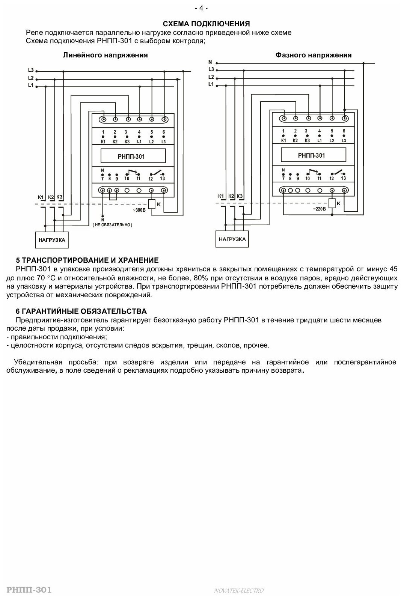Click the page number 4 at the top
click(x=202, y=8)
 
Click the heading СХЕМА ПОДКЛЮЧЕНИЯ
click(x=202, y=24)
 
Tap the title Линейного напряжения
click(x=105, y=55)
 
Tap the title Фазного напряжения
click(x=314, y=55)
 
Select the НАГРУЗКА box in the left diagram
click(x=52, y=240)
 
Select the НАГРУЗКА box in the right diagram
click(x=232, y=239)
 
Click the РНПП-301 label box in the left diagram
click(x=128, y=156)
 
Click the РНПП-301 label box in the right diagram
click(x=311, y=155)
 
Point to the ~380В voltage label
click(x=139, y=210)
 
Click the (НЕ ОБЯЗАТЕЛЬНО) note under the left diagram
click(x=113, y=225)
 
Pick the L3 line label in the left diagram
click(x=31, y=70)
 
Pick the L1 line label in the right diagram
click(x=211, y=84)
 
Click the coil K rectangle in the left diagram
click(x=152, y=204)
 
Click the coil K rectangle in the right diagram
click(x=332, y=203)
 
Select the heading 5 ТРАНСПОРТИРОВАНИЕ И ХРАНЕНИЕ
click(x=87, y=260)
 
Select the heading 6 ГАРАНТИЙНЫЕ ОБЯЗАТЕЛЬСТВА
click(x=81, y=312)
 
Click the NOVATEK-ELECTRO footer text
click(x=239, y=591)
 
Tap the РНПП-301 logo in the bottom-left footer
click(x=26, y=590)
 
